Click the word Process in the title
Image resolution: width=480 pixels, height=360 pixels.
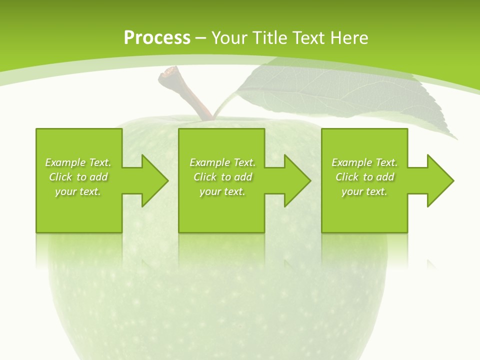(x=157, y=37)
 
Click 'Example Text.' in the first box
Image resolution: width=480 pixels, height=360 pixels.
(x=78, y=162)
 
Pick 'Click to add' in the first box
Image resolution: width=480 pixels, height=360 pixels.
(x=78, y=177)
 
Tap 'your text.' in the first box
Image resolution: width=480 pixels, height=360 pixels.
(x=78, y=191)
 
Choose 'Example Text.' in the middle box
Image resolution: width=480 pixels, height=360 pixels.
(x=222, y=162)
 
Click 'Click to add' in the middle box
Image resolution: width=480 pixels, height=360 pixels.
(x=222, y=177)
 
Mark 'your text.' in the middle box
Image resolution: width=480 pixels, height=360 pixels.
(x=222, y=191)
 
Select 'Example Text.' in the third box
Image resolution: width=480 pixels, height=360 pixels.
(x=364, y=162)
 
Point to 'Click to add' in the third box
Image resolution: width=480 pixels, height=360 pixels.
(x=365, y=177)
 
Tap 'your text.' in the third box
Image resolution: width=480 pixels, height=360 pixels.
(x=364, y=191)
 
